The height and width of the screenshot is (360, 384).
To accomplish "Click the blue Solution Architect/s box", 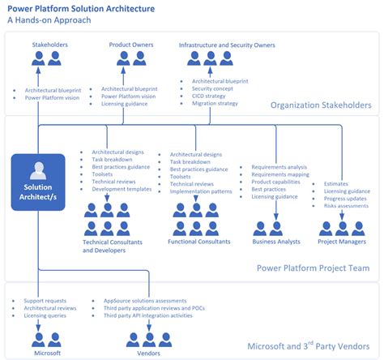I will (37, 183).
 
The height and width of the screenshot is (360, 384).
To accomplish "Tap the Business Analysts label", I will (276, 242).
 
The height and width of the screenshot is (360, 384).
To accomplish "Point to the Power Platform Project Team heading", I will (313, 268).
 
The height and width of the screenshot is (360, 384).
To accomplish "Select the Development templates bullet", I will (122, 189).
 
